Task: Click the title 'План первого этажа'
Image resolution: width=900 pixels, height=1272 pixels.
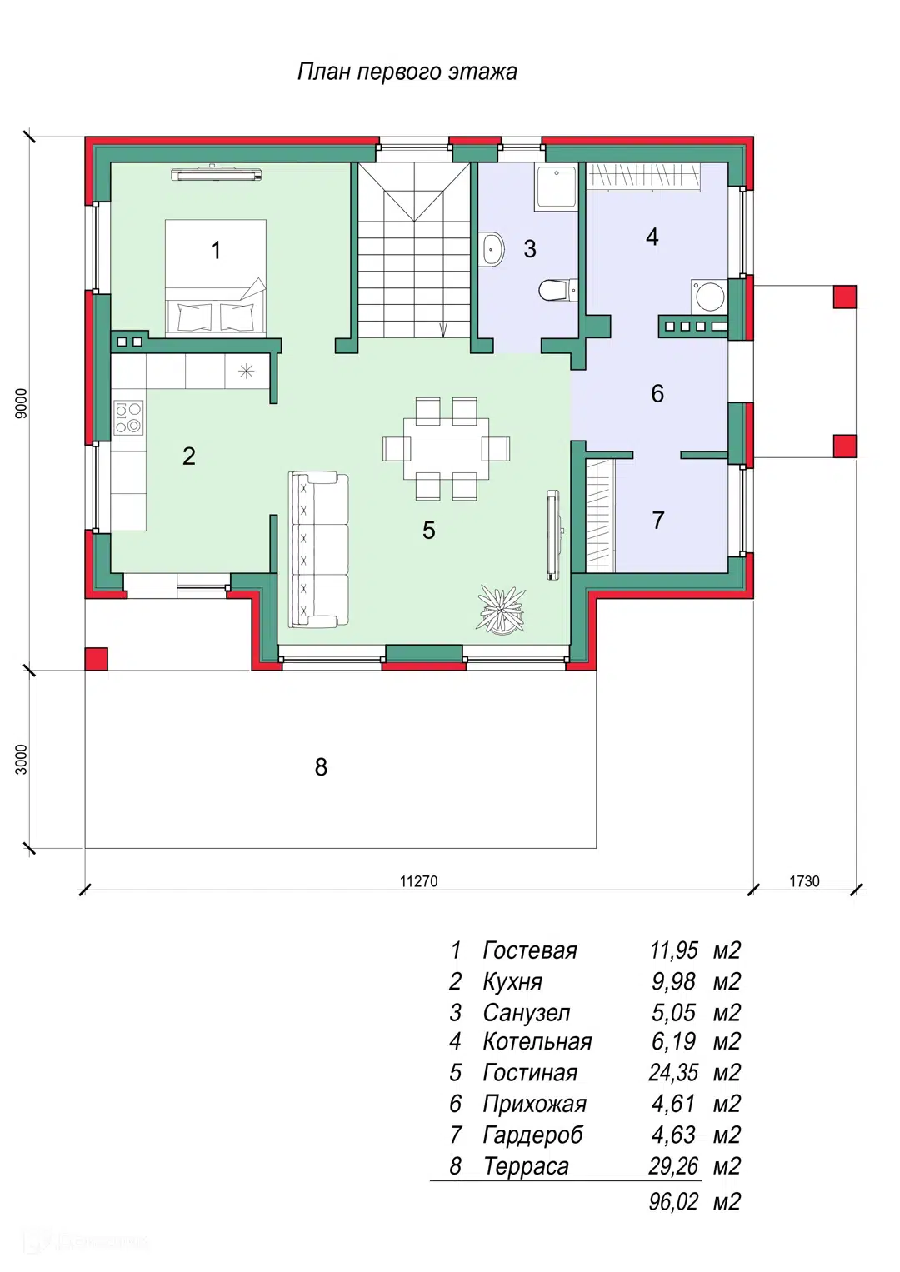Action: pyautogui.click(x=407, y=72)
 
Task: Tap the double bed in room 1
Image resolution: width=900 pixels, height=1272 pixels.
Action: pyautogui.click(x=215, y=277)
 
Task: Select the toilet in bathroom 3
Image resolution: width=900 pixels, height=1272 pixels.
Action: pyautogui.click(x=558, y=290)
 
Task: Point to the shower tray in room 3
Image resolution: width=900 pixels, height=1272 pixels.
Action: pyautogui.click(x=556, y=187)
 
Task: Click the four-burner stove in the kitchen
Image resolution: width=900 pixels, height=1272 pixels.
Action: pyautogui.click(x=128, y=417)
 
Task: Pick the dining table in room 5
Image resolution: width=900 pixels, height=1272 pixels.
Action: pyautogui.click(x=446, y=449)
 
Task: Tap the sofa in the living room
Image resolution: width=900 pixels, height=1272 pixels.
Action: pyautogui.click(x=318, y=550)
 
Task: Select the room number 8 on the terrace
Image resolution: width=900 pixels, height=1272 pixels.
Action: pyautogui.click(x=321, y=767)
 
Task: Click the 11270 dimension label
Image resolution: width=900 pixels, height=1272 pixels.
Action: pyautogui.click(x=418, y=880)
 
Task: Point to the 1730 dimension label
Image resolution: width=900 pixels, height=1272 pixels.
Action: pyautogui.click(x=804, y=880)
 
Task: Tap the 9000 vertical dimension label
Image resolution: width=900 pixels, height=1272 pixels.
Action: pyautogui.click(x=21, y=403)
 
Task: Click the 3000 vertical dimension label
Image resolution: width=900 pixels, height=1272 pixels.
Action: pyautogui.click(x=21, y=759)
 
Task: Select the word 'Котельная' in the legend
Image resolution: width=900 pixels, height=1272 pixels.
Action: pyautogui.click(x=537, y=1041)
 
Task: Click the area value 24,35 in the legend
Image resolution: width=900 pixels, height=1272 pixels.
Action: pyautogui.click(x=673, y=1073)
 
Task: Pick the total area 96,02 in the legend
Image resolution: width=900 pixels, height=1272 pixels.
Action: pyautogui.click(x=673, y=1202)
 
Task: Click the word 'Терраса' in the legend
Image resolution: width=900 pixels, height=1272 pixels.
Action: pyautogui.click(x=526, y=1166)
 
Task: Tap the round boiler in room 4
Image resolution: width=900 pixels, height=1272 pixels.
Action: pyautogui.click(x=710, y=296)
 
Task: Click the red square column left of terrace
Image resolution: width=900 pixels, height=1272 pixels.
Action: pyautogui.click(x=96, y=659)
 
